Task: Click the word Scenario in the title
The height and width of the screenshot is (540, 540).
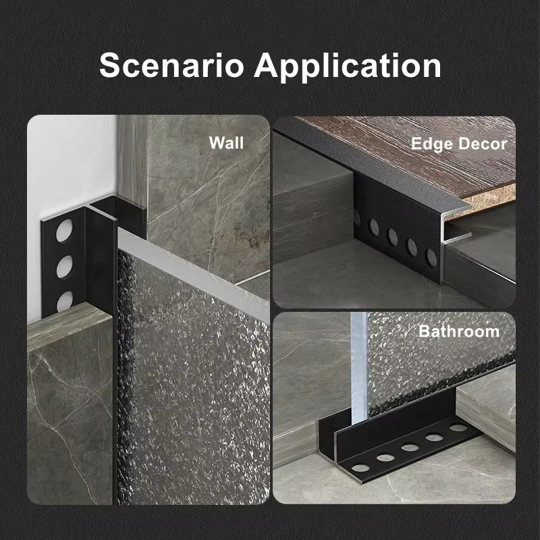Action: (x=171, y=65)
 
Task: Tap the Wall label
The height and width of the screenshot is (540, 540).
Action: (x=226, y=142)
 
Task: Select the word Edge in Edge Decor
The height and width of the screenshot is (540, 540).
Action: (x=432, y=144)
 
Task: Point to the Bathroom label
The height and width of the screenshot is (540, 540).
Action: (x=459, y=331)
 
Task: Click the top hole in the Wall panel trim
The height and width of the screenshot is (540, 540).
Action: (x=64, y=230)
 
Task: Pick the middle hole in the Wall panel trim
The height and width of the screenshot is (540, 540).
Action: (x=64, y=267)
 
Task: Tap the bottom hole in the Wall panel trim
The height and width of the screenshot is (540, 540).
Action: (x=65, y=301)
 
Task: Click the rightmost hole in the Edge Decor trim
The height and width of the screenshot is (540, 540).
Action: (x=431, y=258)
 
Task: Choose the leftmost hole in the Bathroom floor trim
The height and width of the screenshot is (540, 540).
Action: (x=360, y=468)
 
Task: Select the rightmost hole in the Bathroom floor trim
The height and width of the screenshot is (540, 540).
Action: (x=459, y=428)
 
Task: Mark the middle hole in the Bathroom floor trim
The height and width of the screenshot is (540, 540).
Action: (x=410, y=448)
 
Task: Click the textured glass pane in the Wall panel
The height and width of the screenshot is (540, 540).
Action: (x=193, y=379)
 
